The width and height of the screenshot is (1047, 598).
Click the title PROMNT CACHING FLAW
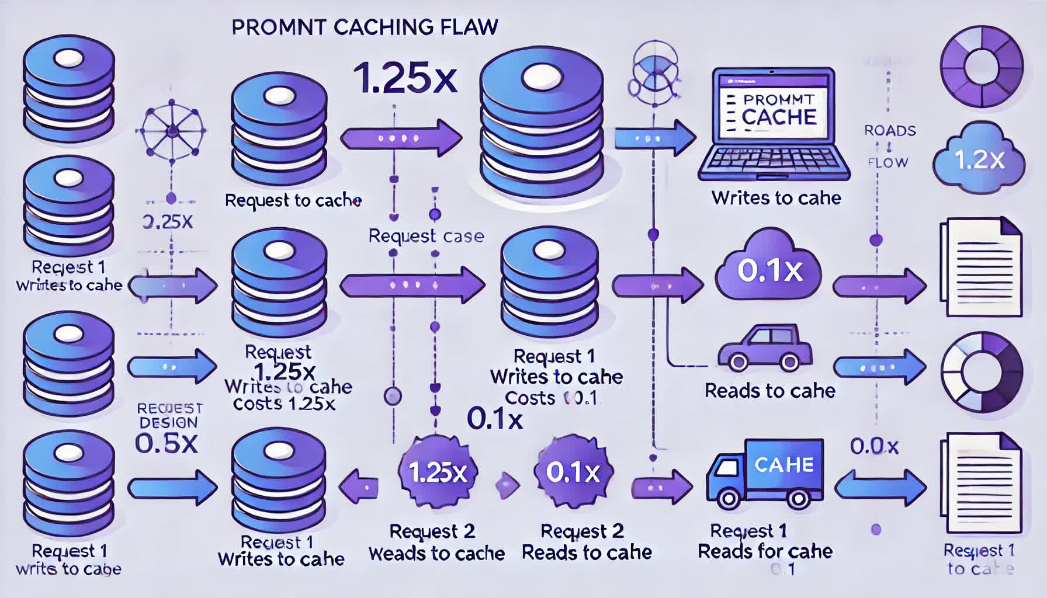click(x=365, y=27)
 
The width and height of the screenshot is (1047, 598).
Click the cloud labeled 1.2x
click(x=979, y=159)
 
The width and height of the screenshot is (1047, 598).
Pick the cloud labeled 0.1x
click(x=769, y=269)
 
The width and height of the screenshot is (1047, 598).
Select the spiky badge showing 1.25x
click(x=438, y=472)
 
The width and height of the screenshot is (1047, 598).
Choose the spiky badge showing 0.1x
click(x=573, y=472)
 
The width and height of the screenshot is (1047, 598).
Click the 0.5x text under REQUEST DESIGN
click(x=167, y=444)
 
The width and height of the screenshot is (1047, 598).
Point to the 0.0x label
click(x=874, y=447)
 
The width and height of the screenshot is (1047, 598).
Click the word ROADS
click(x=890, y=131)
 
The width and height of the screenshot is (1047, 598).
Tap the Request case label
click(x=426, y=236)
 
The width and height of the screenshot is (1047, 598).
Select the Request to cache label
click(x=293, y=200)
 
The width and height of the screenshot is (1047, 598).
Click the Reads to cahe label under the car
click(x=769, y=391)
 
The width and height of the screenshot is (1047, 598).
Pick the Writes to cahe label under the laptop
click(x=776, y=198)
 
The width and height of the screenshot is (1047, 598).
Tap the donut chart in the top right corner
click(x=982, y=66)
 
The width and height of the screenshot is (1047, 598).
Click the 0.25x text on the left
click(x=168, y=222)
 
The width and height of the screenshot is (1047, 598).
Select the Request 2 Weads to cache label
click(x=436, y=543)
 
